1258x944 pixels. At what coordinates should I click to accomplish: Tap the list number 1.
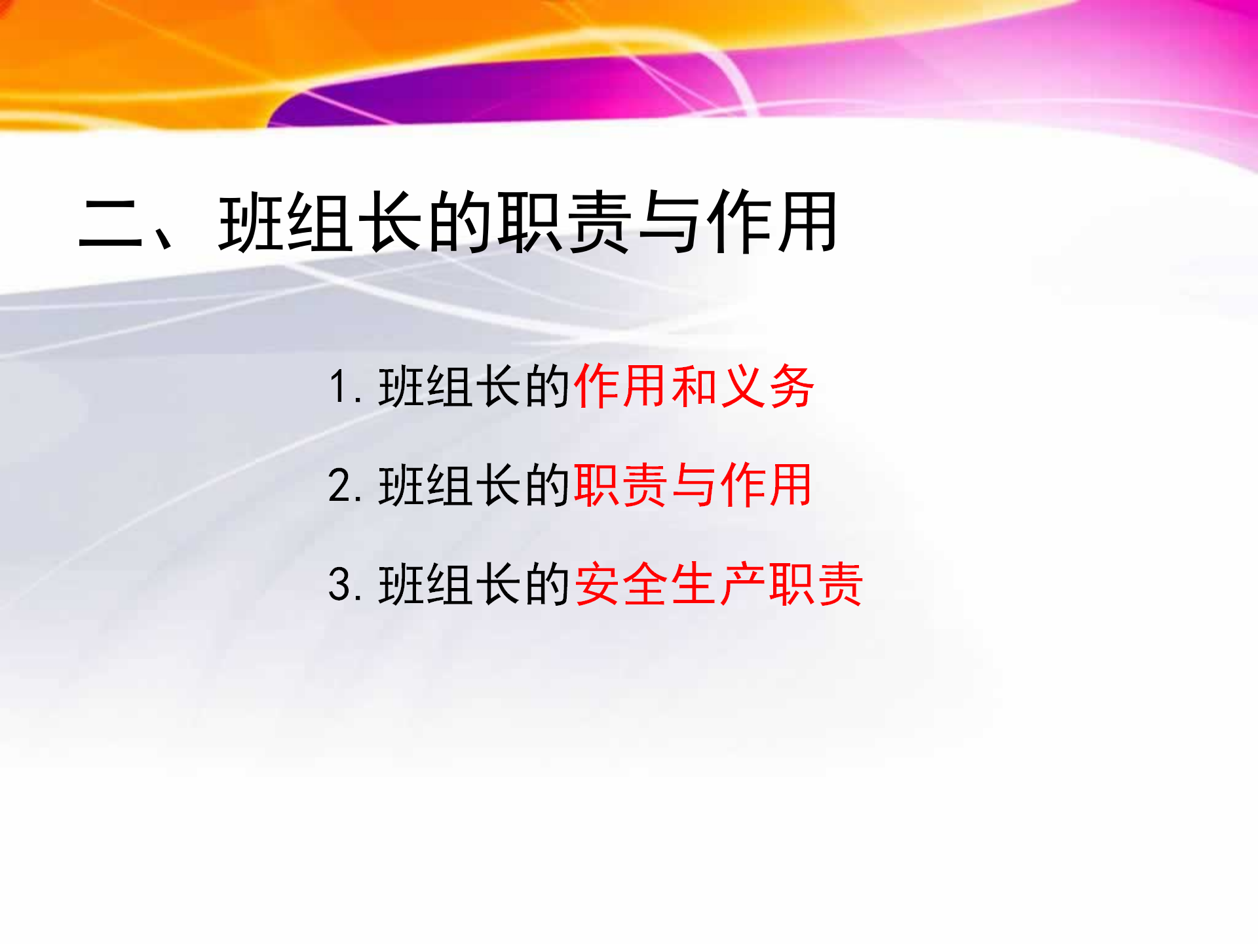pyautogui.click(x=338, y=386)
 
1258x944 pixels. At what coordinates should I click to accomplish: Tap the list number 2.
pyautogui.click(x=340, y=486)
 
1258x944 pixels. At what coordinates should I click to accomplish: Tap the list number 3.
pyautogui.click(x=340, y=584)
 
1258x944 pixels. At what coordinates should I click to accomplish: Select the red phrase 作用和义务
pyautogui.click(x=694, y=386)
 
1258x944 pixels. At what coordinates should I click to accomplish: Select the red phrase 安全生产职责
pyautogui.click(x=718, y=584)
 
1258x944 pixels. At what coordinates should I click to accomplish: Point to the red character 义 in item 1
pyautogui.click(x=743, y=386)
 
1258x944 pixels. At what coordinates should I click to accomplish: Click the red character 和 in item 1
pyautogui.click(x=694, y=386)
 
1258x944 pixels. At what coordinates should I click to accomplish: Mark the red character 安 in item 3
pyautogui.click(x=597, y=584)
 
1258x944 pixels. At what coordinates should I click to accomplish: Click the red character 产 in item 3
pyautogui.click(x=742, y=584)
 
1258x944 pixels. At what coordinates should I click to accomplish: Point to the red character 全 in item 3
pyautogui.click(x=645, y=584)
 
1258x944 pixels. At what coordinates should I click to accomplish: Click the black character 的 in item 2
pyautogui.click(x=547, y=486)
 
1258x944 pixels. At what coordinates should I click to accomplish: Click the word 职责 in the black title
pyautogui.click(x=565, y=222)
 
